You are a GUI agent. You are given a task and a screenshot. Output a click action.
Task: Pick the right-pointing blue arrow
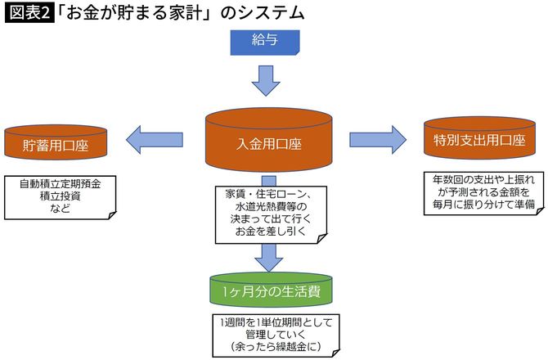pyautogui.click(x=377, y=138)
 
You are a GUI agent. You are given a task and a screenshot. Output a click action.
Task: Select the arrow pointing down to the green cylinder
pyautogui.click(x=268, y=254)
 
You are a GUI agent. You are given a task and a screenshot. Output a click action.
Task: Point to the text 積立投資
pyautogui.click(x=56, y=196)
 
